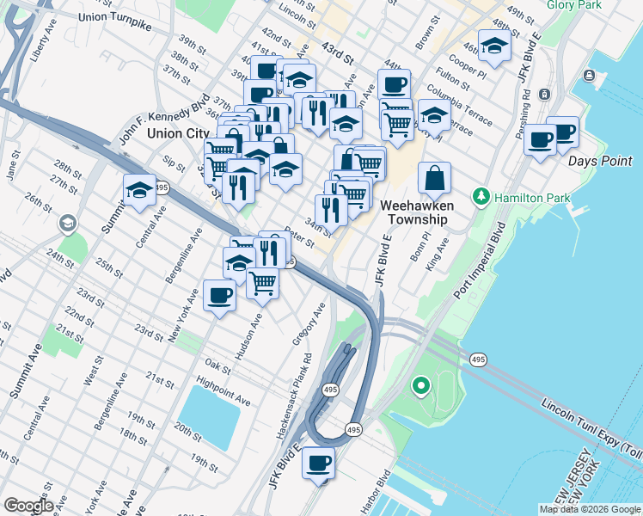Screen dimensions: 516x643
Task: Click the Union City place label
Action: (x=178, y=133)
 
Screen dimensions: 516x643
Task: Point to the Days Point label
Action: (x=600, y=160)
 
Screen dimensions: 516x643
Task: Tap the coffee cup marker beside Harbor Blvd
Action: (x=319, y=461)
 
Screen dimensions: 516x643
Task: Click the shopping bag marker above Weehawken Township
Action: (x=435, y=178)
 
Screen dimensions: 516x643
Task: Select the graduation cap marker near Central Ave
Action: (x=139, y=192)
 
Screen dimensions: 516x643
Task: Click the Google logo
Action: (x=28, y=506)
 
